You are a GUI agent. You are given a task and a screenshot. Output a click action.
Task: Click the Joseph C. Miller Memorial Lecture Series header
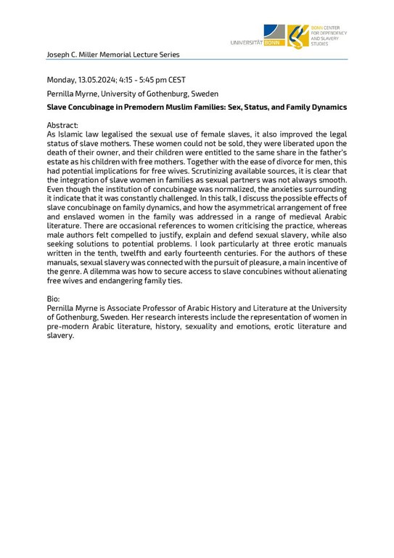tap(112, 54)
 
